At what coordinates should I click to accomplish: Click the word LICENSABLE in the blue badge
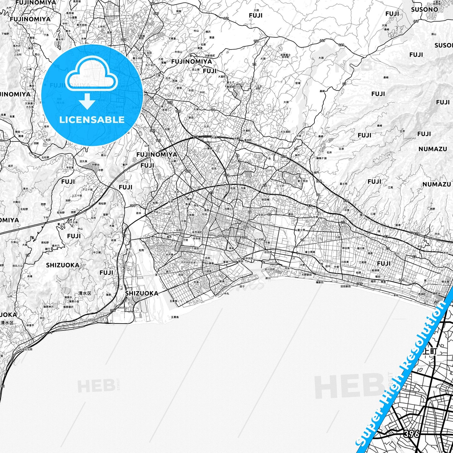pos(92,120)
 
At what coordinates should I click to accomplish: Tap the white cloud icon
pos(92,76)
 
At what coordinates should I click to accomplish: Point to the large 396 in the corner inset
pos(411,434)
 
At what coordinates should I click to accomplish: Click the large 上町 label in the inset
pos(429,351)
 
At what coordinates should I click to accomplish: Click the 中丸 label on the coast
pos(227,294)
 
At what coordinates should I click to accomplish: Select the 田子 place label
pos(242,286)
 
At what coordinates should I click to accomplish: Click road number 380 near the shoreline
pos(359,284)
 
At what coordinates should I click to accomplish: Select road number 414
pos(188,171)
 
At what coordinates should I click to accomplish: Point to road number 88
pos(237,155)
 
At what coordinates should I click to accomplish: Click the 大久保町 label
pos(285,132)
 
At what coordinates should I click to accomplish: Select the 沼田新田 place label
pos(344,286)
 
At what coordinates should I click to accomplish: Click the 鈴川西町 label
pos(270,269)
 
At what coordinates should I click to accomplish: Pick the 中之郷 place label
pos(97,252)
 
